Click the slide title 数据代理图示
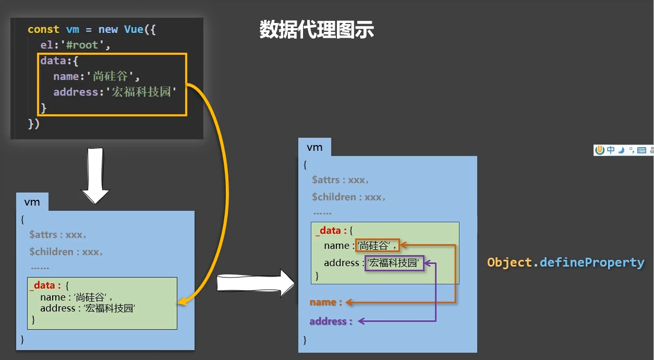[x=317, y=30]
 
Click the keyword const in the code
[x=43, y=29]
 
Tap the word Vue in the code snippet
[x=134, y=29]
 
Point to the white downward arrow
[x=95, y=176]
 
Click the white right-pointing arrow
[x=256, y=283]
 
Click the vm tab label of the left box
[x=32, y=202]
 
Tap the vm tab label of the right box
[x=314, y=148]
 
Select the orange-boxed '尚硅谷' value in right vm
[x=377, y=246]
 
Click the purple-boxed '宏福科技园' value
[x=394, y=263]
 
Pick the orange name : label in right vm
[x=325, y=302]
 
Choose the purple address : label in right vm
[x=331, y=321]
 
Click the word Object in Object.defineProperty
[x=509, y=263]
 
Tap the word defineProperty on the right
[x=592, y=263]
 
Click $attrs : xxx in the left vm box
[x=57, y=235]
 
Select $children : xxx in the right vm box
[x=348, y=197]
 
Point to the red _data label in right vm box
[x=331, y=231]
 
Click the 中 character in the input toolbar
[x=611, y=150]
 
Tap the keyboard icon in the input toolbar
[x=641, y=150]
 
